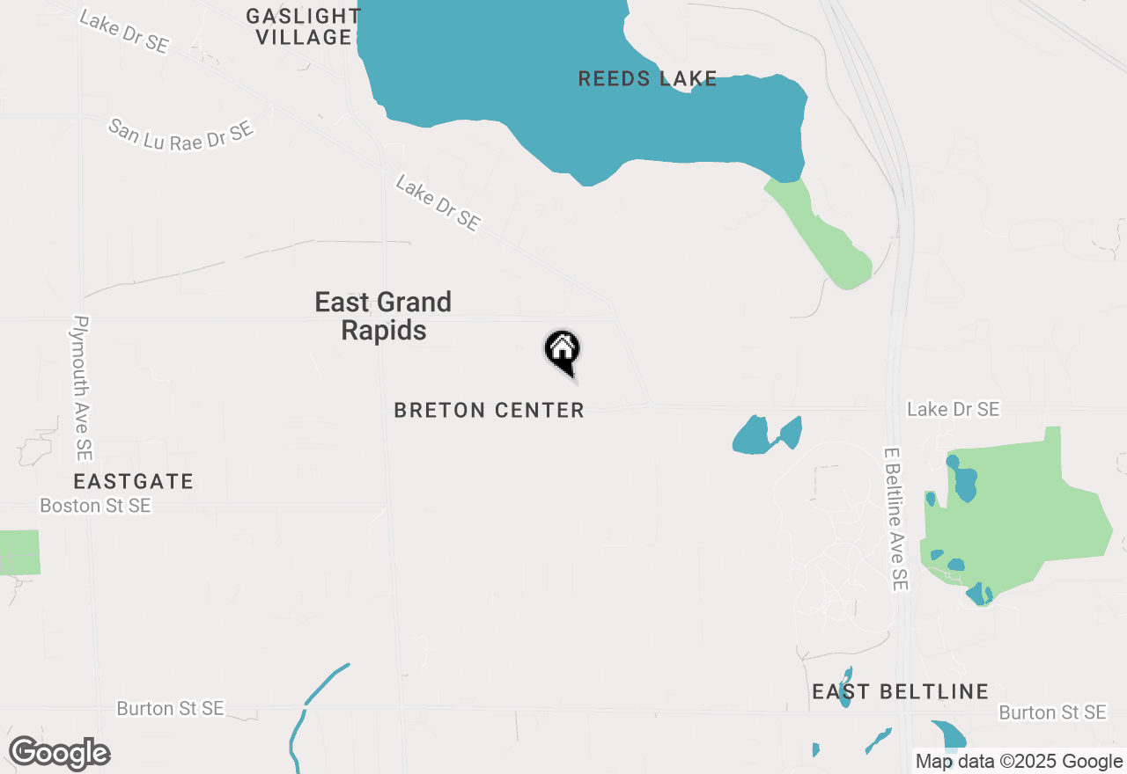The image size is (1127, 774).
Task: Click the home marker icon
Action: tap(562, 351)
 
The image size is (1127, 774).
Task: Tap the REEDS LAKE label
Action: tap(647, 79)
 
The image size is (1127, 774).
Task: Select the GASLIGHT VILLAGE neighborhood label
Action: tap(303, 26)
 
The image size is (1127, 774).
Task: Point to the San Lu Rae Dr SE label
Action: tap(181, 135)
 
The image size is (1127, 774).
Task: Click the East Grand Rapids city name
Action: tap(383, 316)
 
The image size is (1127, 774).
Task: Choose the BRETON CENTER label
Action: tap(489, 410)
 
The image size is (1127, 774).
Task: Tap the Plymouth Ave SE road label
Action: tap(82, 387)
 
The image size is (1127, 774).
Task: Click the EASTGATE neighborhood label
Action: tap(134, 481)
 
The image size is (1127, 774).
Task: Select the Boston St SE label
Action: tap(95, 506)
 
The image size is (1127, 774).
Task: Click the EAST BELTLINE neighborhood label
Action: tap(900, 692)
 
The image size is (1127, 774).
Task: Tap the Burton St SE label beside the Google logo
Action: tap(170, 708)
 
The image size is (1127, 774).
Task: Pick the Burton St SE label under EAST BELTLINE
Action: tap(1052, 712)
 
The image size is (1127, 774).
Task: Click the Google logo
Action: tap(59, 753)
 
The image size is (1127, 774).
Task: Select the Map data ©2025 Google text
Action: tap(1018, 762)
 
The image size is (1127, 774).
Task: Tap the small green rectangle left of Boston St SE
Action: tap(19, 552)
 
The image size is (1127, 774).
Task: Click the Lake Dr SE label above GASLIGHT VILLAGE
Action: tap(123, 32)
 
